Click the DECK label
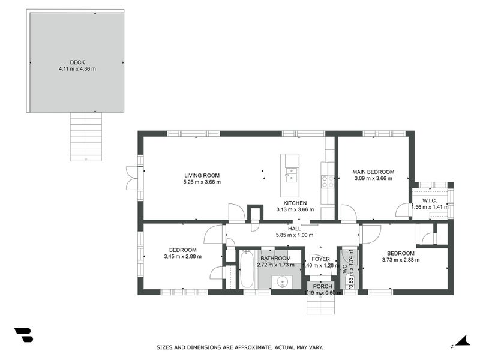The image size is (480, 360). pyautogui.click(x=77, y=62)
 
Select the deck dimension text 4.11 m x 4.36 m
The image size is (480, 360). pyautogui.click(x=77, y=68)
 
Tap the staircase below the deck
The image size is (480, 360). pyautogui.click(x=86, y=136)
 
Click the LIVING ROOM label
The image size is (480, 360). pyautogui.click(x=202, y=175)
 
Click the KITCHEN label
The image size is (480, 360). pyautogui.click(x=295, y=203)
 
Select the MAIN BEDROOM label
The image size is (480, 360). pyautogui.click(x=373, y=172)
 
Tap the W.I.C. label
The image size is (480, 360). pyautogui.click(x=429, y=200)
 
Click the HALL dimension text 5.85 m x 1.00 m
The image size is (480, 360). pyautogui.click(x=295, y=235)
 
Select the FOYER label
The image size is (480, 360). pyautogui.click(x=320, y=259)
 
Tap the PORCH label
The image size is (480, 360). pyautogui.click(x=323, y=286)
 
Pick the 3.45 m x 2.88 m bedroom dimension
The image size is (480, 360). pyautogui.click(x=182, y=256)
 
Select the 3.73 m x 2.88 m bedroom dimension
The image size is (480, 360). pyautogui.click(x=400, y=260)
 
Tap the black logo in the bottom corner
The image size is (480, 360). pyautogui.click(x=23, y=335)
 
